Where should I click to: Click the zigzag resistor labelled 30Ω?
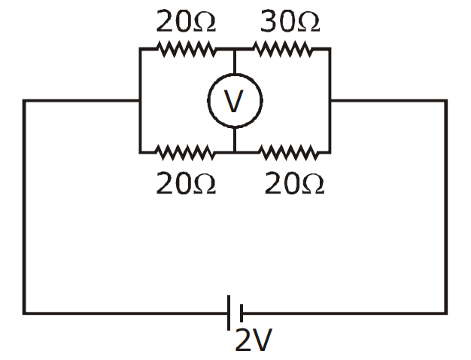coord(283,49)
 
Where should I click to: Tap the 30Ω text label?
coord(290,21)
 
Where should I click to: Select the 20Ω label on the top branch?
coord(186,21)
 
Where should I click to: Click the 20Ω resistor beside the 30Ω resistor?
coord(186,49)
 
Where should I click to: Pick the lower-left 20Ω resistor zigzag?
coord(184,152)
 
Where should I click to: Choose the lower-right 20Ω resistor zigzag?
coord(288,152)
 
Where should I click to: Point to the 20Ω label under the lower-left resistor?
coord(186,182)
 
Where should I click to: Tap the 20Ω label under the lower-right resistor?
coord(294,182)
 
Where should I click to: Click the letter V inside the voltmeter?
coord(234,101)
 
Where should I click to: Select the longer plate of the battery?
coord(229,313)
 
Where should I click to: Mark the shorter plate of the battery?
coord(242,313)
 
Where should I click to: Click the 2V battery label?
coord(254,340)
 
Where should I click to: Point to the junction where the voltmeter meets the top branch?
coord(235,49)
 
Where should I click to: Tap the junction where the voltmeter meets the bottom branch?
coord(235,152)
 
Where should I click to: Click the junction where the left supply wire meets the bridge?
coord(140,100)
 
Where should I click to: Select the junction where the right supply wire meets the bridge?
coord(330,100)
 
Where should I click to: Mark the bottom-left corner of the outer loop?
coord(24,313)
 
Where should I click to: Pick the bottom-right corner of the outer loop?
coord(446,313)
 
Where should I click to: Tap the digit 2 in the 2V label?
coord(243,340)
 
